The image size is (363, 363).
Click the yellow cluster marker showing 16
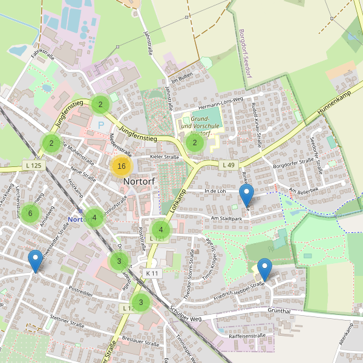[x=122, y=166]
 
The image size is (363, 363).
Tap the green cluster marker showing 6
[x=30, y=213]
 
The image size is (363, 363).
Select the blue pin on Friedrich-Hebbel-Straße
[x=264, y=269]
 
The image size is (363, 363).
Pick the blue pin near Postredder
[x=36, y=261]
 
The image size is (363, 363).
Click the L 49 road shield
[x=227, y=165]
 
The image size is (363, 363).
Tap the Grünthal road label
[x=278, y=311]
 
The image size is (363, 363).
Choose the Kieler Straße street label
[x=165, y=157]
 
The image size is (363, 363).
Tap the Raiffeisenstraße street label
[x=247, y=335]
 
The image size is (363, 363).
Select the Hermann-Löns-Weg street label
[x=220, y=99]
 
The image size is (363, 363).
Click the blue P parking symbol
[x=101, y=125]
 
